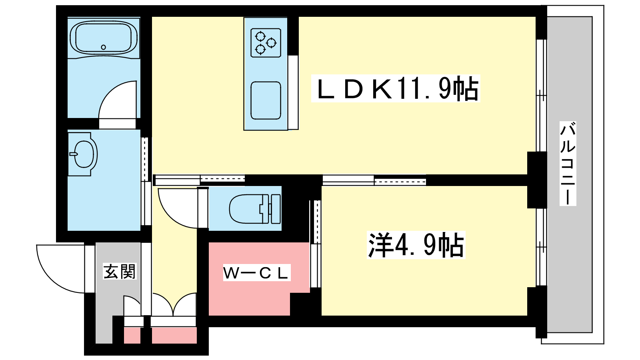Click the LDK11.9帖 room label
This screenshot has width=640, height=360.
pos(396,88)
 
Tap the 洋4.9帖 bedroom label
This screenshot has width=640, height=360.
pos(416,245)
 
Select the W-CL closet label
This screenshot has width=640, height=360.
pos(256,272)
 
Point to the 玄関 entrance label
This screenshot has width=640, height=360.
pos(120,271)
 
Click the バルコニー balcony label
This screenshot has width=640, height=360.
pos(568,164)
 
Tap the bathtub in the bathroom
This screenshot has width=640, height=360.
pos(104,38)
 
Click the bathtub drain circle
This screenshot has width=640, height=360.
pos(104,47)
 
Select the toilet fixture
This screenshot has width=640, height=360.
pos(255,209)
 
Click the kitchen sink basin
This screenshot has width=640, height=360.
pos(266,100)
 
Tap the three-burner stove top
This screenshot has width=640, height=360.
pos(266,43)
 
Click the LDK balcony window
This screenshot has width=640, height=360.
pos(541,96)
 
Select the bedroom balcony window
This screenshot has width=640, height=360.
pos(541,247)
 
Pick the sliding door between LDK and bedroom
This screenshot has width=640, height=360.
pos(374,180)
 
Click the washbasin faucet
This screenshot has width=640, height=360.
pos(74,154)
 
